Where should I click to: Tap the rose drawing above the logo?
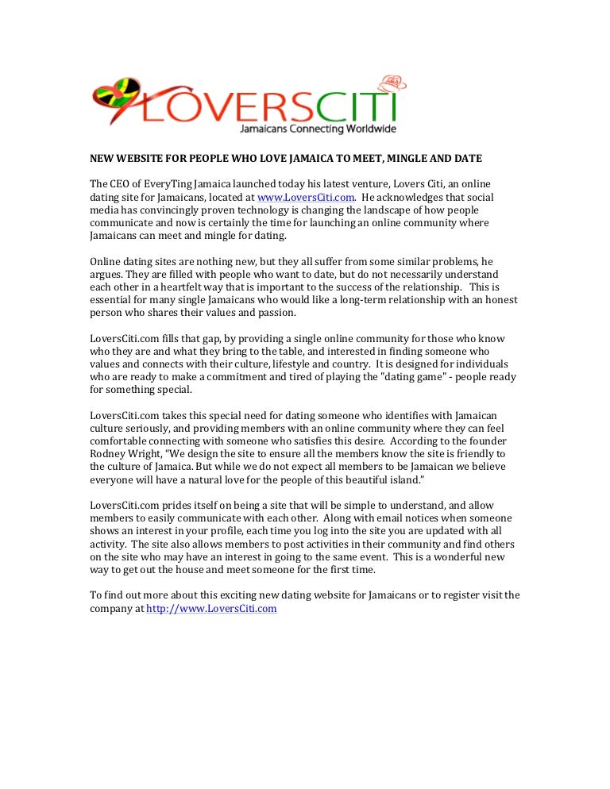coord(393,82)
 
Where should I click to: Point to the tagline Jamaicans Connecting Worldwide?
coord(318,129)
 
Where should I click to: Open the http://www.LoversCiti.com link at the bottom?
coord(211,609)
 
